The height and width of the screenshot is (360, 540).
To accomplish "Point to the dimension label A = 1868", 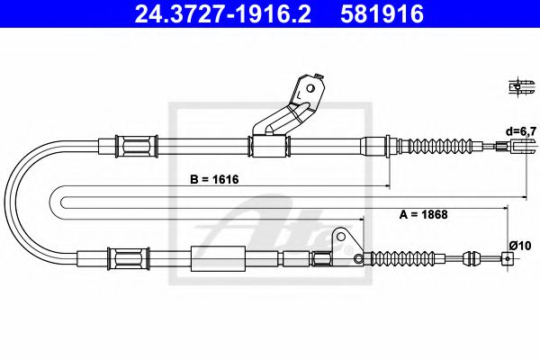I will (423, 215).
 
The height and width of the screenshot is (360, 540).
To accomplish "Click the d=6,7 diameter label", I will (520, 131).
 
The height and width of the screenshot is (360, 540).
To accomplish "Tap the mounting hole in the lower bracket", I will (341, 238).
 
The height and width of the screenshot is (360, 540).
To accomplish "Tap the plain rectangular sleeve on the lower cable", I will (219, 259).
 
